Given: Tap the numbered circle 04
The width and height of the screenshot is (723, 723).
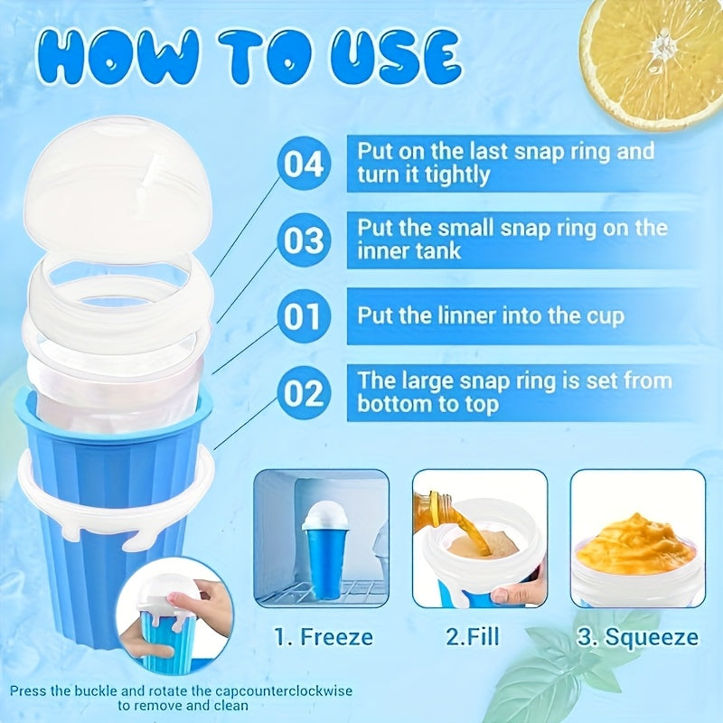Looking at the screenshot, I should [304, 164].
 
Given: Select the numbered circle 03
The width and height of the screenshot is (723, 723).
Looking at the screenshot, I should [304, 240].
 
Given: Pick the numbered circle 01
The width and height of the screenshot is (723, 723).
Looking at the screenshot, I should [304, 316].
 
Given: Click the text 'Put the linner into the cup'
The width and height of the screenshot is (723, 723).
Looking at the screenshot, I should [491, 316].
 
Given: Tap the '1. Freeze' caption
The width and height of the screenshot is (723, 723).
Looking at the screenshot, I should [323, 637].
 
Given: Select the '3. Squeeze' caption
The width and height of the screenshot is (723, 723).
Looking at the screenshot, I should [638, 637].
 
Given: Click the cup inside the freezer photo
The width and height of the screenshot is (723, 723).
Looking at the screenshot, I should [323, 551].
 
